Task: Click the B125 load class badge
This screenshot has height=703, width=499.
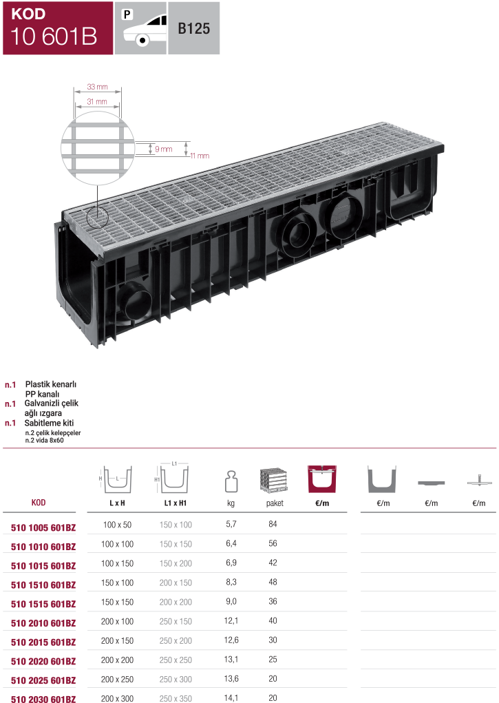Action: pyautogui.click(x=194, y=29)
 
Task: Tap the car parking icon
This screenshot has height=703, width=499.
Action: pyautogui.click(x=141, y=28)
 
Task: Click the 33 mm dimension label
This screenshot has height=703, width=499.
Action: pyautogui.click(x=97, y=88)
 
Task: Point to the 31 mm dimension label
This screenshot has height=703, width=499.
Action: pyautogui.click(x=97, y=102)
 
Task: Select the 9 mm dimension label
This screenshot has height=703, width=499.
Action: pyautogui.click(x=164, y=149)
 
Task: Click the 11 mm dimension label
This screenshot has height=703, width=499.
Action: pyautogui.click(x=199, y=156)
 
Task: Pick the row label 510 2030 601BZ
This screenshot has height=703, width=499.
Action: pyautogui.click(x=43, y=699)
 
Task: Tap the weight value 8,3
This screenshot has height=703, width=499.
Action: pyautogui.click(x=232, y=582)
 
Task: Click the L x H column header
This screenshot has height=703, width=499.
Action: pyautogui.click(x=117, y=503)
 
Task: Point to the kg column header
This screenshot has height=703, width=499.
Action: pyautogui.click(x=231, y=503)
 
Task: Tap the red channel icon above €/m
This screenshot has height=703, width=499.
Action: pyautogui.click(x=321, y=477)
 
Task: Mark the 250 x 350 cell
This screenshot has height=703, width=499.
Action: pyautogui.click(x=176, y=698)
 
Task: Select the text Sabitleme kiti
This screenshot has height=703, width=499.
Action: pyautogui.click(x=50, y=423)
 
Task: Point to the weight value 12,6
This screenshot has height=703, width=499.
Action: pyautogui.click(x=232, y=640)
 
